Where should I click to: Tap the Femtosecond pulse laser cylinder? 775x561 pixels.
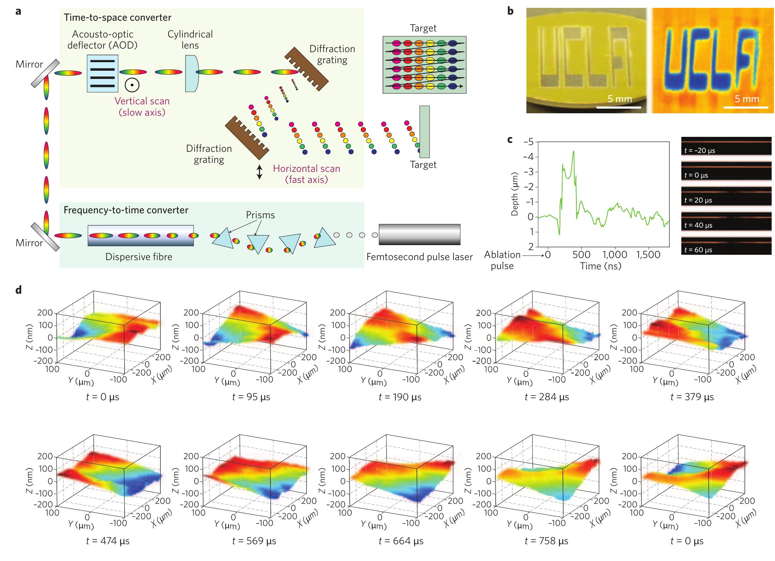419,234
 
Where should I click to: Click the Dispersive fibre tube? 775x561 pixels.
141,235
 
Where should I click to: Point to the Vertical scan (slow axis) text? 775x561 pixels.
142,106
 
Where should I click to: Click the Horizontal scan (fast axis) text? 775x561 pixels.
306,174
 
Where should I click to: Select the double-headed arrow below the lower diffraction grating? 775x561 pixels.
260,172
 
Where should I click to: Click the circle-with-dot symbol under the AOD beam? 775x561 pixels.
132,85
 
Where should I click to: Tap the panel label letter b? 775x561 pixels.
510,11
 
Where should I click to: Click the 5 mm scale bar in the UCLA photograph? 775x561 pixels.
619,106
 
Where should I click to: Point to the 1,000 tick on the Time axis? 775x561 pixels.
615,255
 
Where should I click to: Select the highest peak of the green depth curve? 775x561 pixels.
573,151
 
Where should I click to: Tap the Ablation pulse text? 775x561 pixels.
502,260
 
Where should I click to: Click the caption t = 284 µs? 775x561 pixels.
546,397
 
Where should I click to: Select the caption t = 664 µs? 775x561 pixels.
401,541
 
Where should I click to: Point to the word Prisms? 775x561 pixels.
260,215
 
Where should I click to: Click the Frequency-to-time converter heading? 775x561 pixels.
126,210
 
